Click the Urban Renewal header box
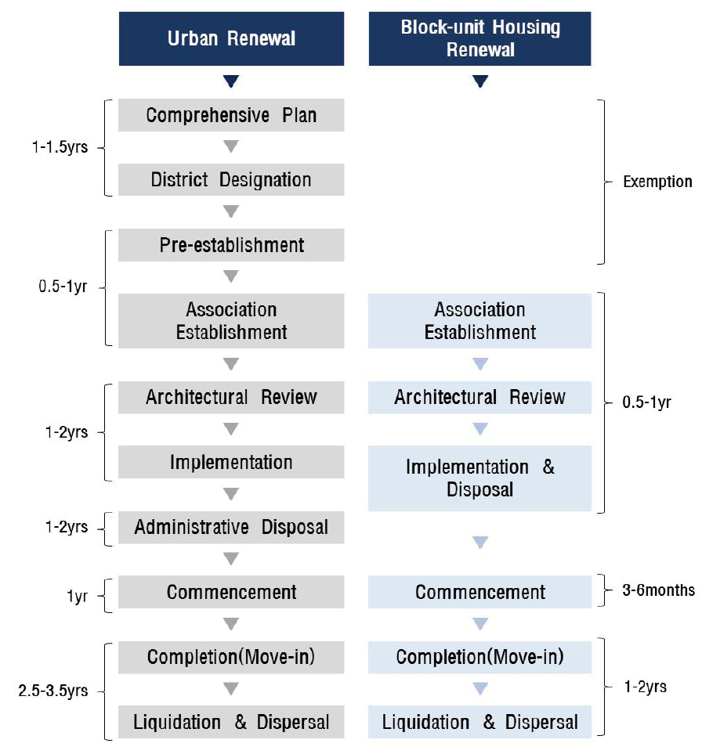click(x=231, y=38)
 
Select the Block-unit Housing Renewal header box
click(x=479, y=38)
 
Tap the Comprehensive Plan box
click(x=231, y=115)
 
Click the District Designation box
click(x=231, y=179)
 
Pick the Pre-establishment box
click(x=231, y=245)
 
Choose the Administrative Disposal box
click(x=231, y=527)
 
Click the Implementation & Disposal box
click(x=479, y=478)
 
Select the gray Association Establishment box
click(x=231, y=321)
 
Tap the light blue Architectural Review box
click(x=479, y=397)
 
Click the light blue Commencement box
click(x=479, y=592)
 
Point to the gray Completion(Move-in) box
click(x=231, y=657)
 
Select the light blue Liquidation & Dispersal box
click(x=479, y=722)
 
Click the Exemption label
click(x=657, y=182)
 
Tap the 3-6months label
click(x=658, y=590)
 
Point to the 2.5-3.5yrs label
click(x=53, y=691)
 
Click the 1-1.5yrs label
click(x=60, y=146)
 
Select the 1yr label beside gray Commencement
click(x=77, y=597)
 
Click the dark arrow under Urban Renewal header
click(x=231, y=81)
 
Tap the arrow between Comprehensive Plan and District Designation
click(x=231, y=146)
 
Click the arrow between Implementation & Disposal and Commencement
click(x=480, y=543)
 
